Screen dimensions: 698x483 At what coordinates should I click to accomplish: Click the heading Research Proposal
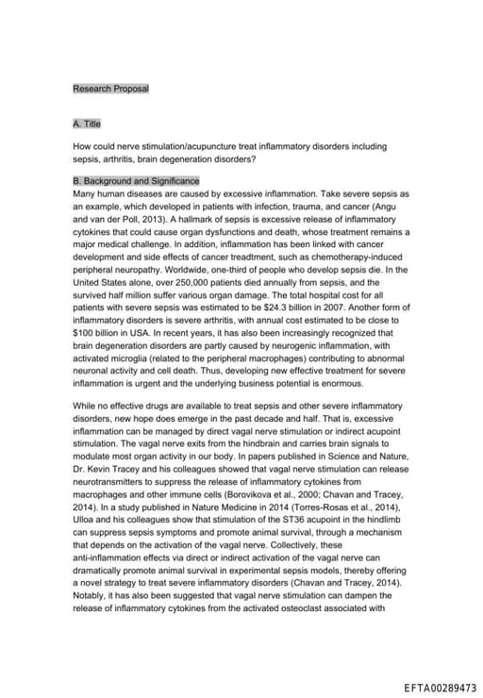point(110,89)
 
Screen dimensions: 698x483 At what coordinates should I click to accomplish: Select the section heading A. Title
point(86,124)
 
